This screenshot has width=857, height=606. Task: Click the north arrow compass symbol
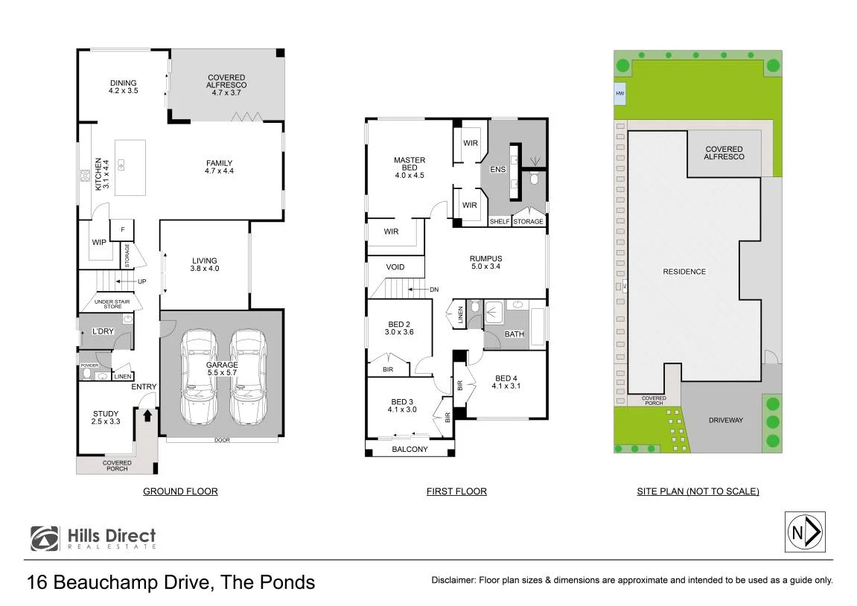[x=805, y=532]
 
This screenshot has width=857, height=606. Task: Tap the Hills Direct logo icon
[x=45, y=538]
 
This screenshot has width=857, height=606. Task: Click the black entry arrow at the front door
[x=147, y=416]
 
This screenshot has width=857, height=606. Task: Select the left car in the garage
[x=199, y=377]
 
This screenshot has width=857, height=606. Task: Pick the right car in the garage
[x=249, y=377]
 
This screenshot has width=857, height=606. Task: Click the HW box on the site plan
[x=619, y=94]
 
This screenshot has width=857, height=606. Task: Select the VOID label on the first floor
[x=395, y=267]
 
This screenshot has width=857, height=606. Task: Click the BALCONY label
[x=410, y=449]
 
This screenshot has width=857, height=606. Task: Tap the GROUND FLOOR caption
[x=180, y=491]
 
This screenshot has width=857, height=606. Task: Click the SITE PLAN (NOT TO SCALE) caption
[x=698, y=491]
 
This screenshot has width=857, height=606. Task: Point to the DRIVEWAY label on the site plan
[x=726, y=420]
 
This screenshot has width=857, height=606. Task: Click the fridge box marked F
[x=122, y=230]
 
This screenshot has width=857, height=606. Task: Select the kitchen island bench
[x=130, y=168]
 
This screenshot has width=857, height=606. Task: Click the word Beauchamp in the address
[x=133, y=582]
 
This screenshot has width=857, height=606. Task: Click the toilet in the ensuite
[x=535, y=179]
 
